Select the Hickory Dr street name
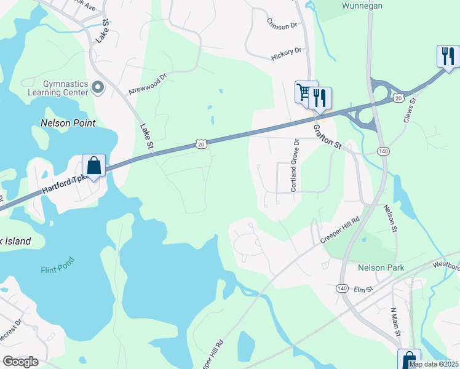[287, 54]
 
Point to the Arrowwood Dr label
[148, 84]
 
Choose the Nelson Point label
[68, 123]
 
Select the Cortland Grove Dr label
[295, 165]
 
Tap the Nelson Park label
[381, 268]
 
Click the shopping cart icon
[304, 93]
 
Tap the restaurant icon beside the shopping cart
[320, 98]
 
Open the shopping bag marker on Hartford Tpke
[93, 165]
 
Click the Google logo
[20, 362]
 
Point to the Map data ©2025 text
[432, 364]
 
